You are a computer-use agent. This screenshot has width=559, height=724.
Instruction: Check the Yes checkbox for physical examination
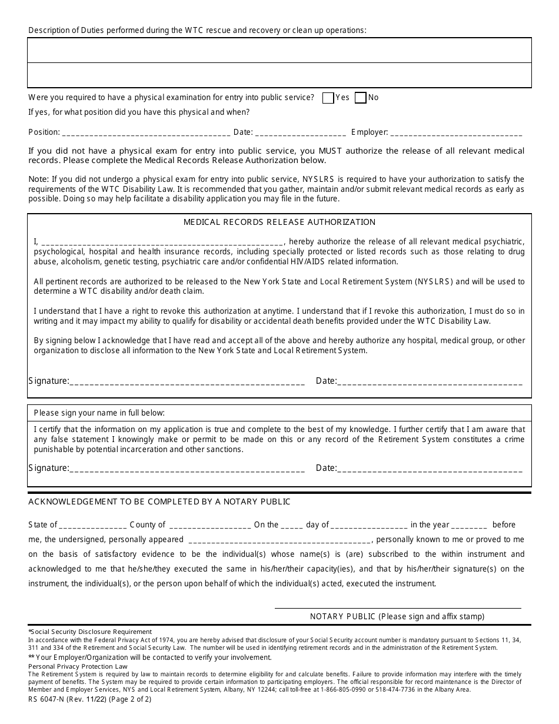[328, 98]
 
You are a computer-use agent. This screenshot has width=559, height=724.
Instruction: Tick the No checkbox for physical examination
[361, 98]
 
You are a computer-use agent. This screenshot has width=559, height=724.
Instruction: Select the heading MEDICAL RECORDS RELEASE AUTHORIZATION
[279, 222]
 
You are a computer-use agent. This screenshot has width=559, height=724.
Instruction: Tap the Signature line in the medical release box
[187, 382]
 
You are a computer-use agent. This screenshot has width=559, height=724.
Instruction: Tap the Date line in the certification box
[430, 469]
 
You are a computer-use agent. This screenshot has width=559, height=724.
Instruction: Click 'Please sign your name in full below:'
[99, 413]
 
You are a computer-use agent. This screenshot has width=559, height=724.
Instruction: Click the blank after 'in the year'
[470, 526]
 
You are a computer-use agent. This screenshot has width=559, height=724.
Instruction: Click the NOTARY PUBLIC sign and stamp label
[397, 617]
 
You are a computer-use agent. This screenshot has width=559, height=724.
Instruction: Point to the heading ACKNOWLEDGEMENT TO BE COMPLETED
[159, 502]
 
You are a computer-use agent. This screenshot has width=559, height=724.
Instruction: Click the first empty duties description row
[279, 51]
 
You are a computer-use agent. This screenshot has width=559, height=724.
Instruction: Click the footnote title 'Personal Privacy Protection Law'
[78, 666]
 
